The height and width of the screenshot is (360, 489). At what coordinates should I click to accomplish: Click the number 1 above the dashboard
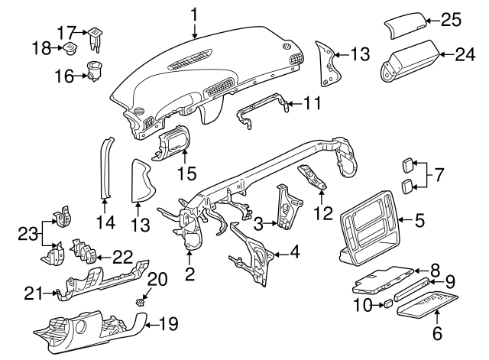click(x=194, y=14)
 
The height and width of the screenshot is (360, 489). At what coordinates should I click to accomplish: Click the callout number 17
click(x=66, y=33)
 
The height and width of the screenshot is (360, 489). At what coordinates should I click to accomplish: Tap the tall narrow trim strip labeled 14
click(x=105, y=168)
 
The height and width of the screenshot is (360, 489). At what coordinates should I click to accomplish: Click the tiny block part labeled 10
click(x=388, y=304)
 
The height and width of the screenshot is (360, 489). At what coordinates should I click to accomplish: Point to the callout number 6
click(x=438, y=332)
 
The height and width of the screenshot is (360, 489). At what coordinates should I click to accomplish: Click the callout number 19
click(x=172, y=323)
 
